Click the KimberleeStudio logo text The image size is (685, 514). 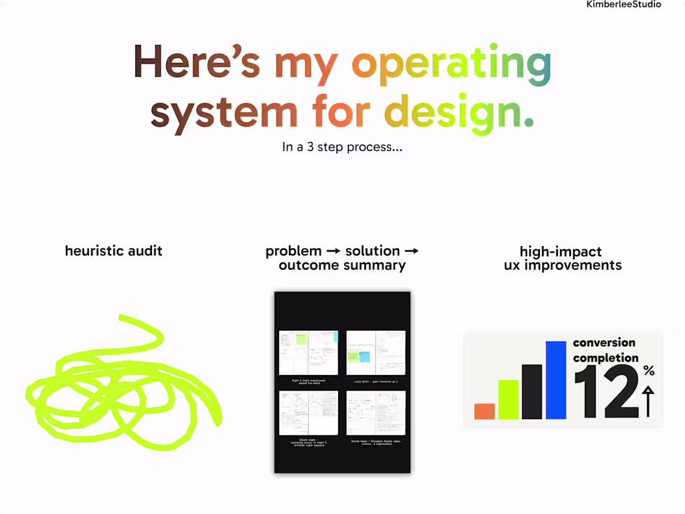(x=624, y=4)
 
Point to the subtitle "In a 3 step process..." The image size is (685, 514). (x=342, y=148)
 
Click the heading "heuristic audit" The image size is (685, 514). (x=113, y=251)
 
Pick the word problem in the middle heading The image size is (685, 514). (x=293, y=251)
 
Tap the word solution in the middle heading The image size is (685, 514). (x=372, y=251)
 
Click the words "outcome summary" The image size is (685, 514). (x=342, y=265)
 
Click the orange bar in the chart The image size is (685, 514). (x=484, y=411)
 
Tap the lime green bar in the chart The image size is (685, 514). (x=508, y=399)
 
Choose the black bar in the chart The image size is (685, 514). (x=532, y=391)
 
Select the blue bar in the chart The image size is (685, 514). (x=555, y=380)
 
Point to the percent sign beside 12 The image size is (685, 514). (x=649, y=371)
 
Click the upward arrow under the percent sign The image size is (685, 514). (x=648, y=401)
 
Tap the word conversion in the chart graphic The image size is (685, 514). (x=604, y=343)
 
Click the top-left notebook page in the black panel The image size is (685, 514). (x=308, y=353)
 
